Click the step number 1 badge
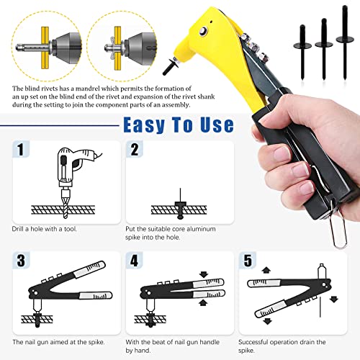pyautogui.click(x=21, y=149)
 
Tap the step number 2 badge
pyautogui.click(x=135, y=149)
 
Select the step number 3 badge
pyautogui.click(x=21, y=261)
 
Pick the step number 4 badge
pyautogui.click(x=134, y=261)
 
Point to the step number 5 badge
pyautogui.click(x=248, y=261)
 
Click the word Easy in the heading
pyautogui.click(x=144, y=125)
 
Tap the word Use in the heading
pyautogui.click(x=217, y=125)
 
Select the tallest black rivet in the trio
pyautogui.click(x=345, y=42)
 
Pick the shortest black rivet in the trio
pyautogui.click(x=302, y=52)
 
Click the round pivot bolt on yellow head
pyautogui.click(x=204, y=31)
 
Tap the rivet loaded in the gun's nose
pyautogui.click(x=171, y=66)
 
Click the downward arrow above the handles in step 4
pyautogui.click(x=204, y=274)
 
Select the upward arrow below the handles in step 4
pyautogui.click(x=203, y=302)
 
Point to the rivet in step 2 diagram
pyautogui.click(x=180, y=204)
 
